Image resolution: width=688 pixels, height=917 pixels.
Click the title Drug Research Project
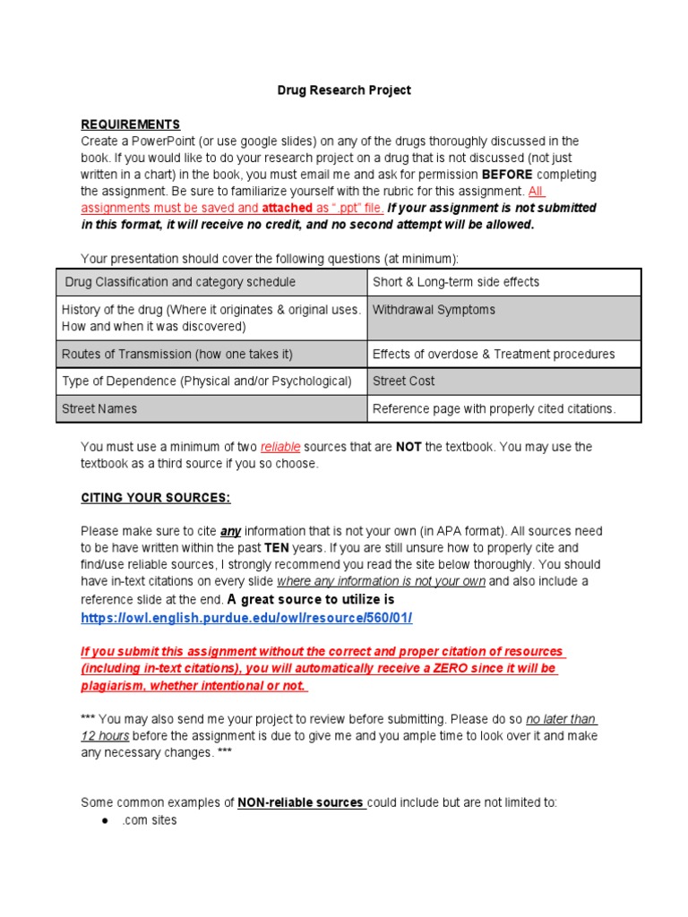pos(343,90)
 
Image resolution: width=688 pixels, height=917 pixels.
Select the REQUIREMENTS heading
pos(131,124)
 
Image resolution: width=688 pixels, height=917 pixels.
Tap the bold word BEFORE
pos(507,175)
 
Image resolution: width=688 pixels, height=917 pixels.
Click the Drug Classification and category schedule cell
pos(180,282)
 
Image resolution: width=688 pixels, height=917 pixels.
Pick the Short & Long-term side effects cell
pos(456,282)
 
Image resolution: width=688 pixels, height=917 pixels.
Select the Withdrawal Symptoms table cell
pos(434,310)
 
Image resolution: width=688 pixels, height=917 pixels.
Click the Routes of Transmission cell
pos(176,354)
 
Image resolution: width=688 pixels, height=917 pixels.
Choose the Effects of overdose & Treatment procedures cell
pos(494,354)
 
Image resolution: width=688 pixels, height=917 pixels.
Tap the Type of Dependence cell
pos(206,381)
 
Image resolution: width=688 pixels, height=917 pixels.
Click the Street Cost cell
pos(404,381)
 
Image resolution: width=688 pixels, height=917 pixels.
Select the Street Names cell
pos(99,408)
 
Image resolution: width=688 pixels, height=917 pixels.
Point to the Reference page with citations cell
pos(494,408)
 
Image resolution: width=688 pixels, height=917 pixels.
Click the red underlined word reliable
pos(280,447)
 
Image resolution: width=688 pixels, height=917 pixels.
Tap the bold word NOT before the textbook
pos(408,447)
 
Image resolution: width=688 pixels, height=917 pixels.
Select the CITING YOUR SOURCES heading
pos(156,498)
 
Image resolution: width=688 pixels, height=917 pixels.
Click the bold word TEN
pos(276,547)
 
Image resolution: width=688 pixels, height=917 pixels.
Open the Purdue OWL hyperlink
pos(246,618)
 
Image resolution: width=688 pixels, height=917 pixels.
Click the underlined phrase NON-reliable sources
pos(300,802)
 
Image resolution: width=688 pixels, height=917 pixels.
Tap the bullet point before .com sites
pos(105,820)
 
